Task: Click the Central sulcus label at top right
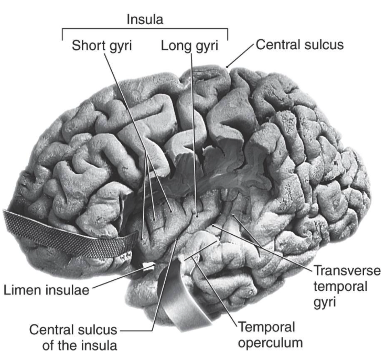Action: pyautogui.click(x=299, y=45)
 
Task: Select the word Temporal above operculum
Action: pyautogui.click(x=266, y=329)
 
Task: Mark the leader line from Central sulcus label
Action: pyautogui.click(x=242, y=56)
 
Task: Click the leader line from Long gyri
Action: pyautogui.click(x=194, y=131)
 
